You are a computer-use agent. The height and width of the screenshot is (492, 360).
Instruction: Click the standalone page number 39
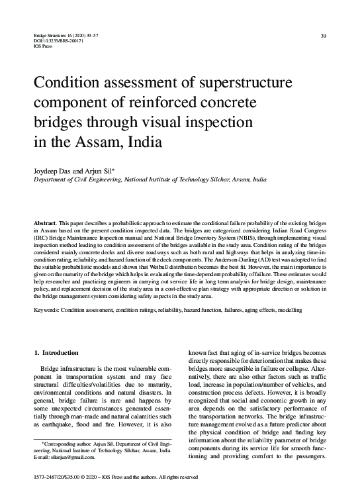[322, 35]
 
